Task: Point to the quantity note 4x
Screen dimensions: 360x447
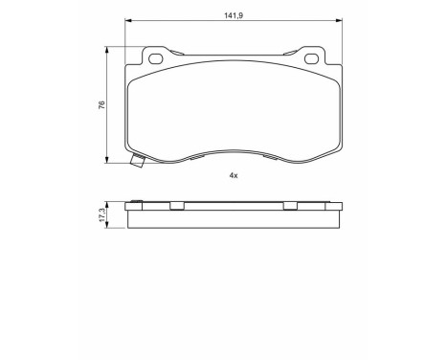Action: (x=233, y=175)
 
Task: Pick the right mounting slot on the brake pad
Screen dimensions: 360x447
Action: (x=310, y=58)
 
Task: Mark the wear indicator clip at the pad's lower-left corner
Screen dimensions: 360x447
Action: (x=136, y=161)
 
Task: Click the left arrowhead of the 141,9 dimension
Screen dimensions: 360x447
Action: (x=128, y=23)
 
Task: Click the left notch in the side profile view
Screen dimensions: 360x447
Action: (x=177, y=206)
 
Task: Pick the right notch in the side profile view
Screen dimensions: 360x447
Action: (x=288, y=206)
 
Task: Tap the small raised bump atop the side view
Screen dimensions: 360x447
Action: (x=136, y=201)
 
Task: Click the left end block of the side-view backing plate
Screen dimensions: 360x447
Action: (x=129, y=207)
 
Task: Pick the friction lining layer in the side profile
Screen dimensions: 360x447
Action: (x=233, y=219)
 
